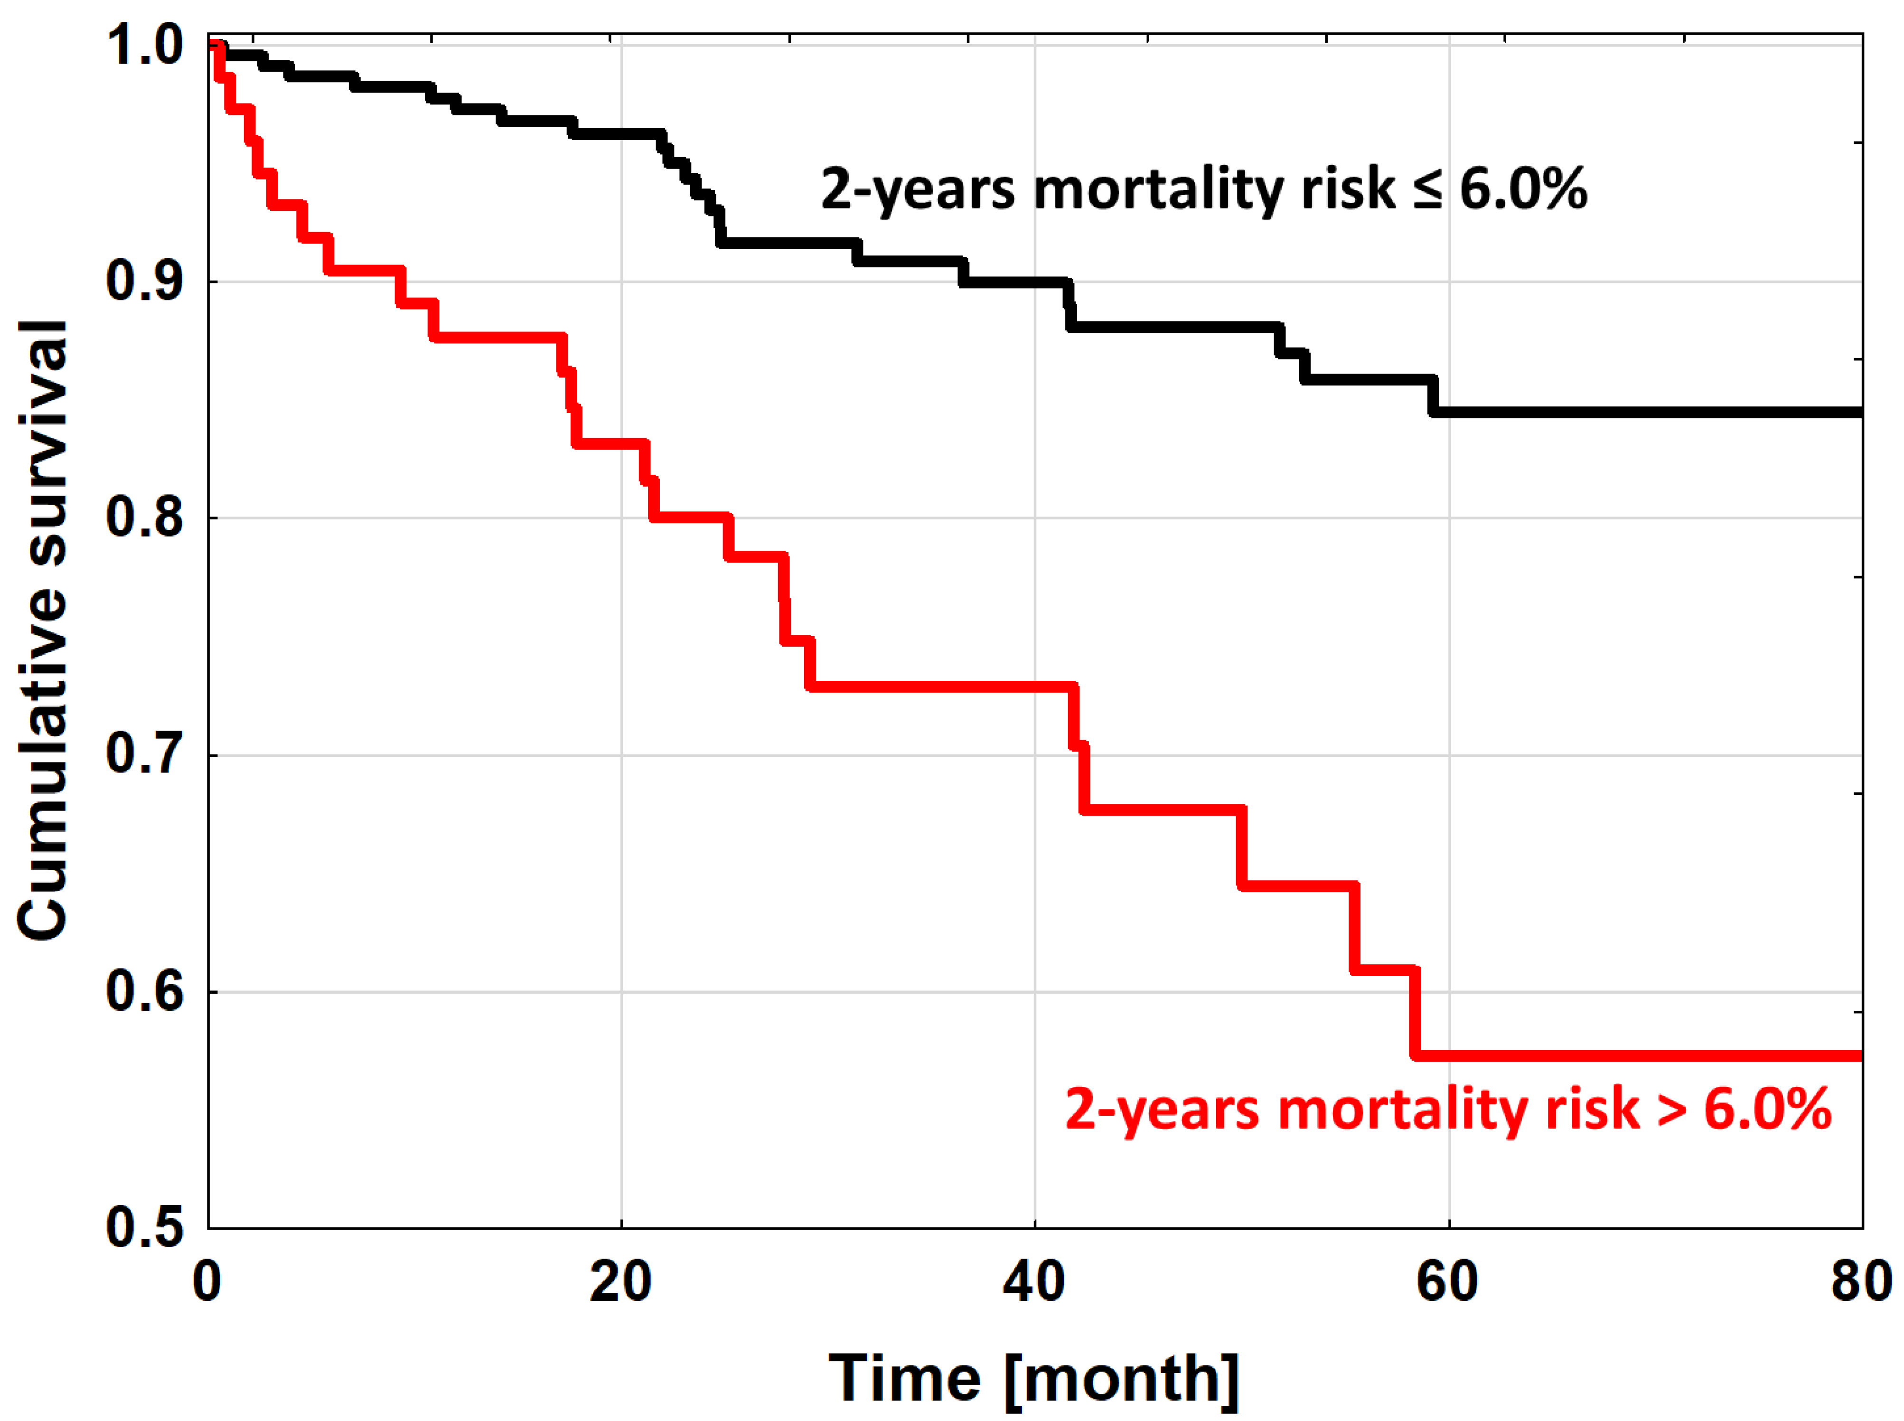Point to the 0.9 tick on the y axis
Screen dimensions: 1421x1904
[x=144, y=281]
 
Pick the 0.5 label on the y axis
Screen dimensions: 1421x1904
[x=144, y=1227]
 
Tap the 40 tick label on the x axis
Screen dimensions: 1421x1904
[x=1034, y=1281]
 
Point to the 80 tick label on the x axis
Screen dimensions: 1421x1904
[x=1861, y=1281]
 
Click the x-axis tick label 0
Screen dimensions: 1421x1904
[x=207, y=1281]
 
